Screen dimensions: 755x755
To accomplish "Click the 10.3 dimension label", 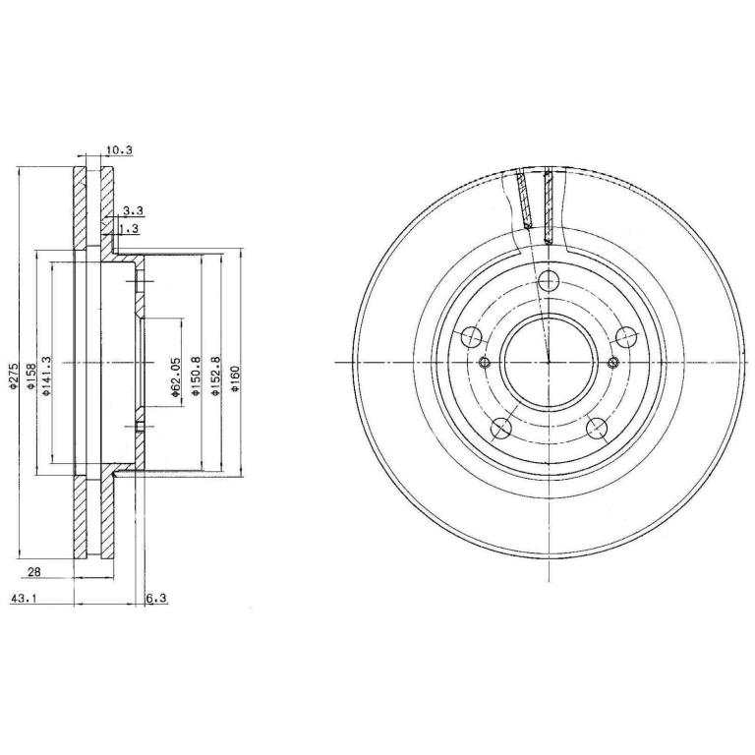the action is (x=119, y=150).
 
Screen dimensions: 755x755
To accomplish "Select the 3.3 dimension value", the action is (x=133, y=210).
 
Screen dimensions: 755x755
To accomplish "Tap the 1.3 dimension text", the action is (x=129, y=229).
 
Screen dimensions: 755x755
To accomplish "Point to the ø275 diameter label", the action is (x=13, y=376).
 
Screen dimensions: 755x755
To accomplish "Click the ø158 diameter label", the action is (x=29, y=377).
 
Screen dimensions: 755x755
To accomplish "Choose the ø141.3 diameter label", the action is (x=46, y=377).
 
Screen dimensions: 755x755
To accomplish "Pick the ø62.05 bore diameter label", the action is (x=175, y=377).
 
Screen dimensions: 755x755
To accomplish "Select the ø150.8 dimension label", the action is (x=195, y=377).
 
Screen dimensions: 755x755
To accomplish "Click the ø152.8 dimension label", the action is (x=215, y=377).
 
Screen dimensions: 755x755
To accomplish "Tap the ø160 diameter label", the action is (x=235, y=377).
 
